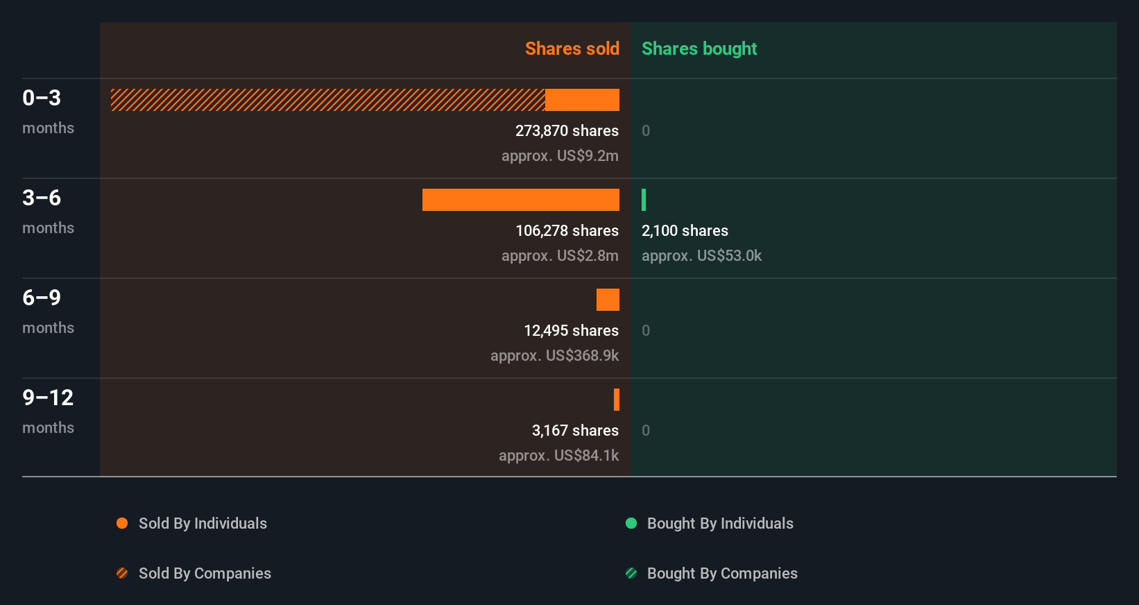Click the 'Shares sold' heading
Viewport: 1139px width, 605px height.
coord(572,49)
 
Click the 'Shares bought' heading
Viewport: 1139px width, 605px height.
coord(699,49)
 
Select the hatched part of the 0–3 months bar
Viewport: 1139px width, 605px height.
coord(327,100)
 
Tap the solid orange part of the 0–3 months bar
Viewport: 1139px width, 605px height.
coord(582,100)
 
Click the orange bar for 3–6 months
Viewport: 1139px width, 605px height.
coord(520,200)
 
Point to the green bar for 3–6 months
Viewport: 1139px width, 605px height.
coord(644,200)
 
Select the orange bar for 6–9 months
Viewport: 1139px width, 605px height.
coord(608,300)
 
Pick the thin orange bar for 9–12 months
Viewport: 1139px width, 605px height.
coord(617,400)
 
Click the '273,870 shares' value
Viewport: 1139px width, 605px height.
coord(567,130)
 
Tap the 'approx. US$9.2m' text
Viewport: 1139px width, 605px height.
coord(560,155)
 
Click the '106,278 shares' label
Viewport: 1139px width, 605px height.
coord(567,230)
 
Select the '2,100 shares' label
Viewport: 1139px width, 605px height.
coord(685,230)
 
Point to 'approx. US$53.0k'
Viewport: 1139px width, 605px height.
coord(701,255)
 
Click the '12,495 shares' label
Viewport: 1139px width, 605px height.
coord(571,330)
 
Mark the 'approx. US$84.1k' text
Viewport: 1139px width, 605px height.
coord(558,455)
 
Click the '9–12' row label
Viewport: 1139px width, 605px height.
coord(48,398)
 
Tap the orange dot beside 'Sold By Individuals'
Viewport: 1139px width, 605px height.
coord(122,523)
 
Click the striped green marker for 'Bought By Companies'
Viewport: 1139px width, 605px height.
coord(631,573)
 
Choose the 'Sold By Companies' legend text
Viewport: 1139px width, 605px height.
coord(205,573)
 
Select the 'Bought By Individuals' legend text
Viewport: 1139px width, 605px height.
coord(720,523)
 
